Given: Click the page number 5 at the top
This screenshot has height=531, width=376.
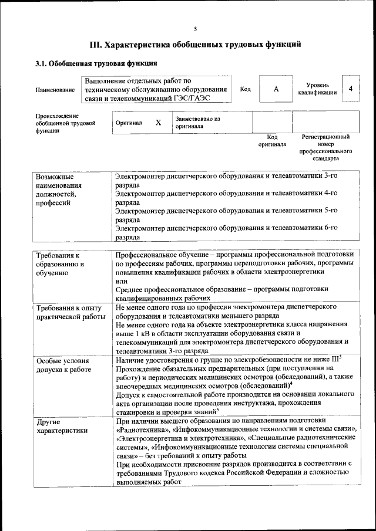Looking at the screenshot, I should (x=196, y=29).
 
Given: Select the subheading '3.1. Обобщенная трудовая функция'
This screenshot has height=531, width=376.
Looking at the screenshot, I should (x=95, y=63).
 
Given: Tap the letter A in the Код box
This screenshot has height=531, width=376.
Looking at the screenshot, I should (x=276, y=89).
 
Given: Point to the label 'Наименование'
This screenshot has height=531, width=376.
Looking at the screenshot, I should (x=55, y=90).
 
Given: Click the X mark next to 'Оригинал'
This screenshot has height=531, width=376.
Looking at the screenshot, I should (x=157, y=123).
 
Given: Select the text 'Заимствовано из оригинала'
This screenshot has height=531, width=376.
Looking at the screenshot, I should (x=197, y=122).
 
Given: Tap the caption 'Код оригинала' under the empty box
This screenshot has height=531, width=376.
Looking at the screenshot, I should (x=273, y=140).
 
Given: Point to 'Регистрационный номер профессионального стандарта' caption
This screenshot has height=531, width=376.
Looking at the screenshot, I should (x=325, y=147).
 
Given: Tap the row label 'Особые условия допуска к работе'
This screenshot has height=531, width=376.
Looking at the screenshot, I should (x=63, y=366).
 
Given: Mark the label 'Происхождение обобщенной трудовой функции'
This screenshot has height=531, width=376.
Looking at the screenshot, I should (x=65, y=123).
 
